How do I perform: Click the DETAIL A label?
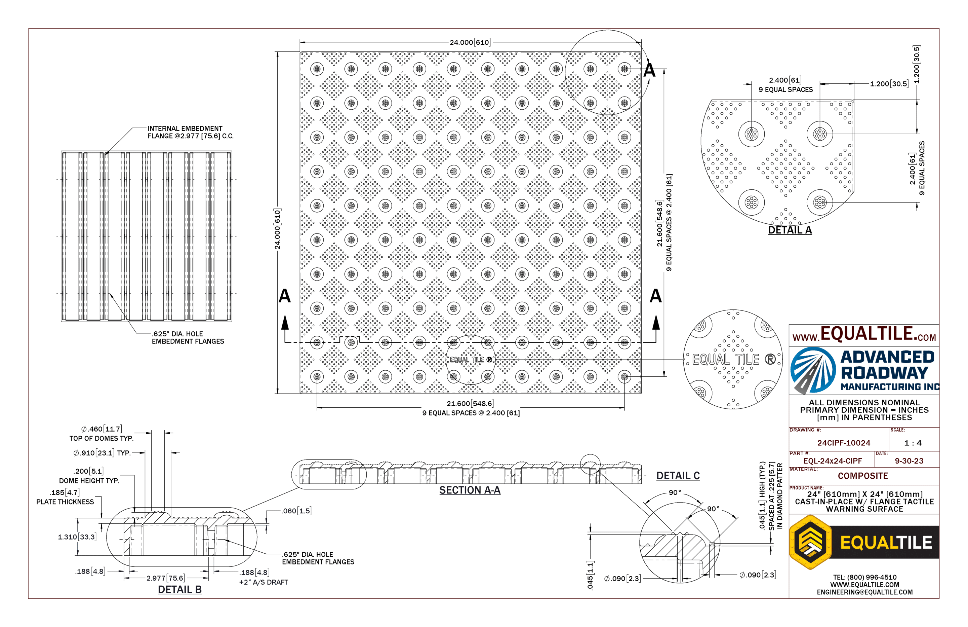click(x=790, y=230)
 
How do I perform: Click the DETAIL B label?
click(x=180, y=590)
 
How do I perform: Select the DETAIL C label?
click(x=678, y=476)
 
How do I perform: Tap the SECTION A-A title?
click(x=470, y=490)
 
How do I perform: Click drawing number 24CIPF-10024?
click(x=844, y=443)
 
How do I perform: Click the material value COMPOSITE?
click(x=863, y=476)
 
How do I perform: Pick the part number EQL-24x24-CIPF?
click(x=833, y=461)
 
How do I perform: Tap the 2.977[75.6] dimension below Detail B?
click(x=166, y=578)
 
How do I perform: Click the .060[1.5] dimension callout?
click(x=296, y=511)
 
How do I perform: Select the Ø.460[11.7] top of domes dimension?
click(x=102, y=429)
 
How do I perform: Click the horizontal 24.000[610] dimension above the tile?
click(x=470, y=42)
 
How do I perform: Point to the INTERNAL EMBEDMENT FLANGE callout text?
click(x=190, y=132)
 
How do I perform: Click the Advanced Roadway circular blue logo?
click(x=812, y=370)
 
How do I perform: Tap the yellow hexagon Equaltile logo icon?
click(x=811, y=542)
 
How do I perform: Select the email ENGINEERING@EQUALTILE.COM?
click(x=865, y=592)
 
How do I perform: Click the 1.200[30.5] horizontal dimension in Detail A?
click(x=889, y=84)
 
